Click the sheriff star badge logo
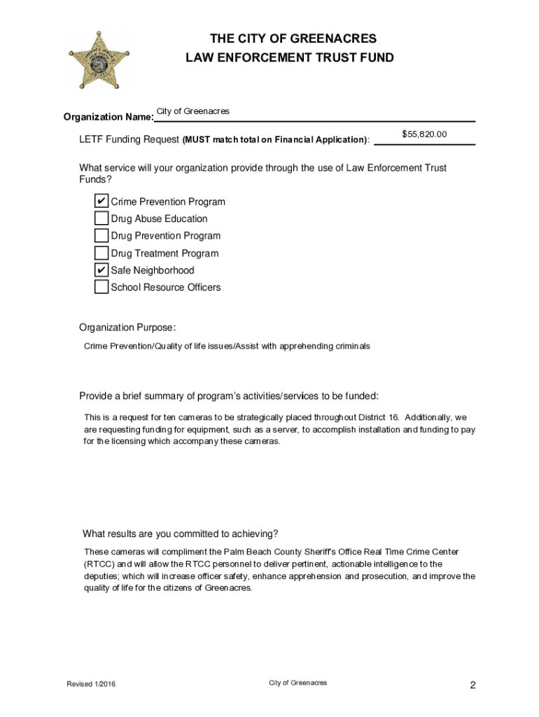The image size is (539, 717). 100,59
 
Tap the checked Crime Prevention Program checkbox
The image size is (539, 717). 101,202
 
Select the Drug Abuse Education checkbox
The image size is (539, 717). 101,218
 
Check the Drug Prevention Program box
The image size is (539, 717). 101,236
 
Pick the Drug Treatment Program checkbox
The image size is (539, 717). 101,253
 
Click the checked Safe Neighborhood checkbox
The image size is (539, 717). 101,270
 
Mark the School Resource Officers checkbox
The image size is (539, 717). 101,287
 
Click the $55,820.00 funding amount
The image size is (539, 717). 424,134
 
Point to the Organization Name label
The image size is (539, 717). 108,117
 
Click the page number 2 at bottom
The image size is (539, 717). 472,685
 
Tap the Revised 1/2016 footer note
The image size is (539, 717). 91,684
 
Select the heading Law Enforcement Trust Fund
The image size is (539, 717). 289,58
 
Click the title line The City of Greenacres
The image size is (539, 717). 289,39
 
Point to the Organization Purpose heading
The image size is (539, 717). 127,328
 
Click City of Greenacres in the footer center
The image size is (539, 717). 297,683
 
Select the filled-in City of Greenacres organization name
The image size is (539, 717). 192,112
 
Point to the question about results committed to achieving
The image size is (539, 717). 181,533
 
